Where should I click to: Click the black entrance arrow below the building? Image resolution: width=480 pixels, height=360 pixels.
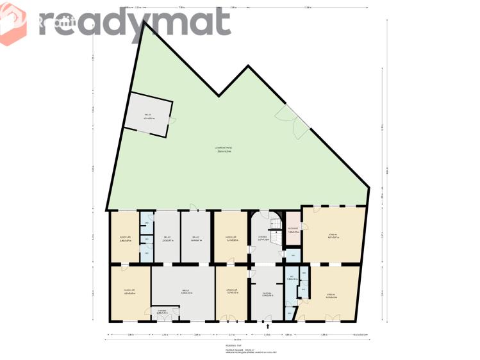coord(268,325)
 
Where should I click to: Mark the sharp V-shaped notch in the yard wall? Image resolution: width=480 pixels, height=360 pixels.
coord(219,96)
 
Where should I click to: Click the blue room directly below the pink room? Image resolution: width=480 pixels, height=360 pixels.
coord(293,256)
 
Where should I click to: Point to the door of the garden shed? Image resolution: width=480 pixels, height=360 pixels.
coord(172,120)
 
